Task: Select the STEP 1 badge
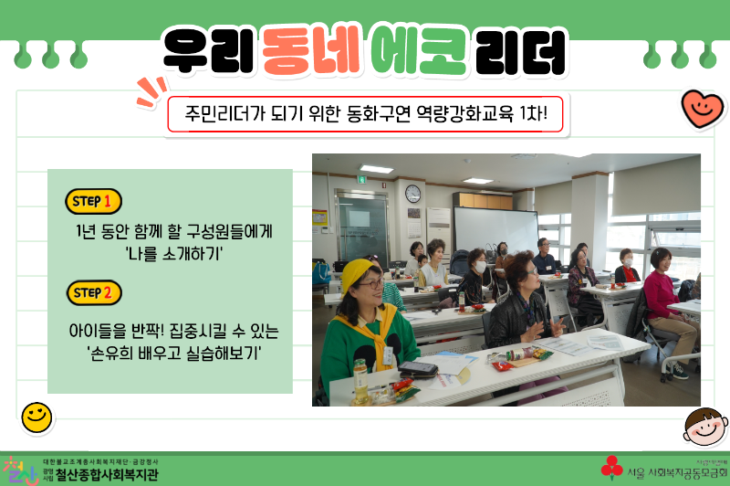[94, 201]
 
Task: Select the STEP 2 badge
[94, 293]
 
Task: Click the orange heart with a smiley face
[703, 109]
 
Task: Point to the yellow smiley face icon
[36, 417]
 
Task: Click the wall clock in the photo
[413, 194]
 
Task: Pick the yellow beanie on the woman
[358, 271]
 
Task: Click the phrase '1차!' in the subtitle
[532, 115]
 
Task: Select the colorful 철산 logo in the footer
[20, 470]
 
